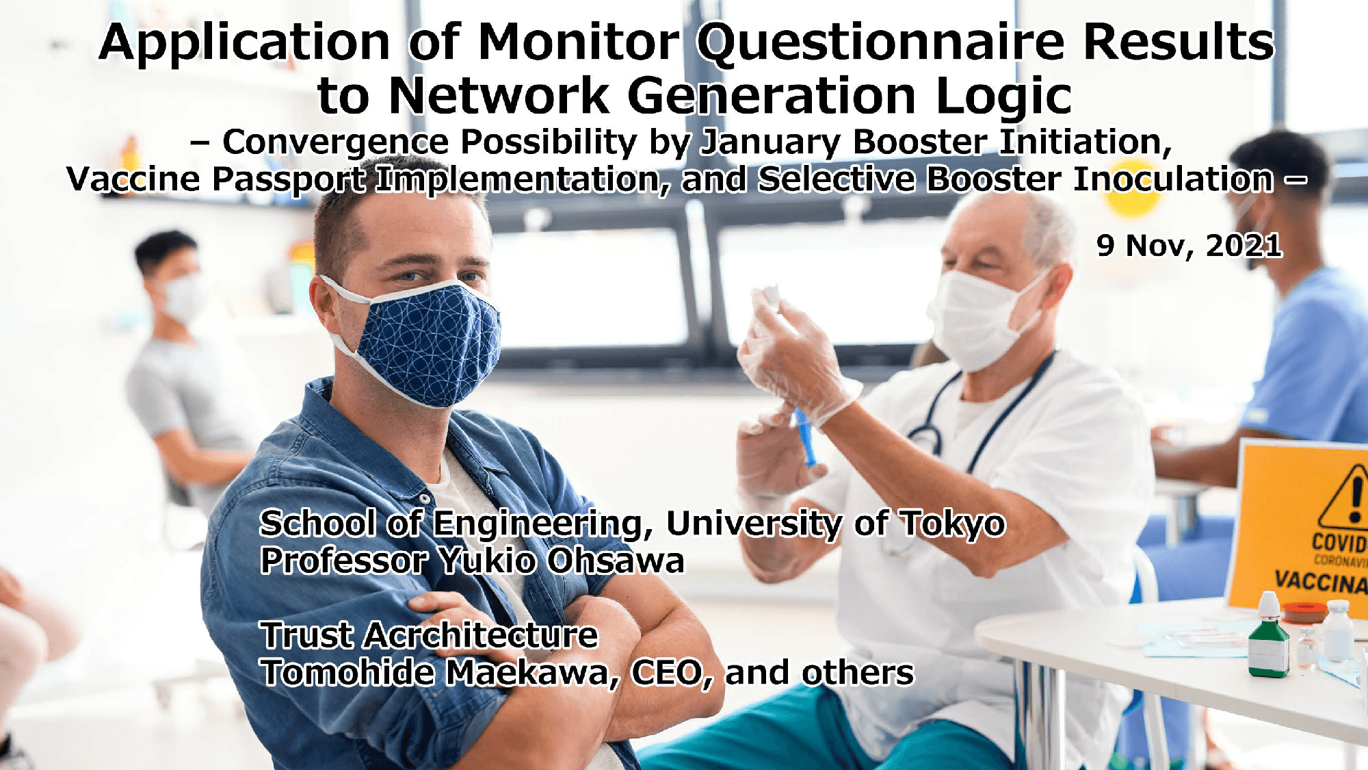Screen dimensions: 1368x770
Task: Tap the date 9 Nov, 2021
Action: [1189, 245]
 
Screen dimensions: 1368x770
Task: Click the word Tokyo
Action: [952, 524]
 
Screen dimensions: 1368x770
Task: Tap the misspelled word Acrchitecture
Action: [481, 634]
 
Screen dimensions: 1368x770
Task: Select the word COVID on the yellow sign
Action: [1339, 543]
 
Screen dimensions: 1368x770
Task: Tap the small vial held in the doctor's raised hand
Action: [770, 296]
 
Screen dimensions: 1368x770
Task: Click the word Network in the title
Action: [499, 97]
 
